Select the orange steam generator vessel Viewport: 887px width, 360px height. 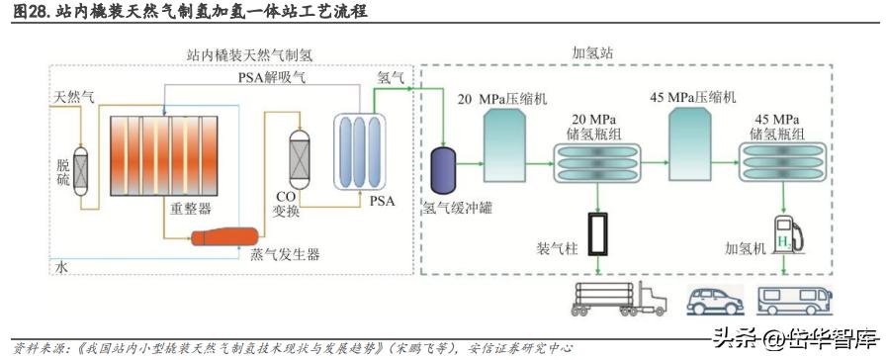click(x=224, y=235)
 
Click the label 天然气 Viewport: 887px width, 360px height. click(x=75, y=96)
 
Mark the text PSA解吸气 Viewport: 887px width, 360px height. click(x=274, y=76)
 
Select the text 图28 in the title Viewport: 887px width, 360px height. click(x=28, y=12)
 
